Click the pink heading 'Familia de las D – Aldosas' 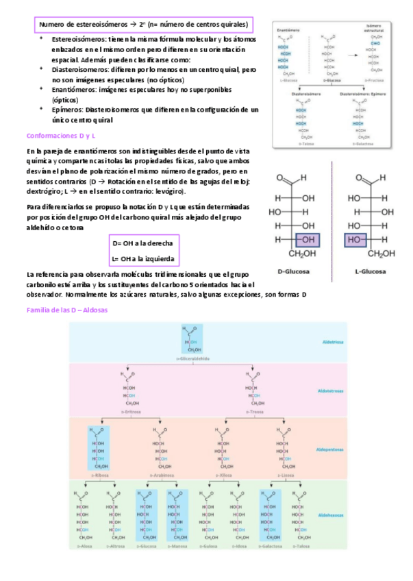66,310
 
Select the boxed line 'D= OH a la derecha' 142,244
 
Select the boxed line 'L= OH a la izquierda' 142,259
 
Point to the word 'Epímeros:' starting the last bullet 67,110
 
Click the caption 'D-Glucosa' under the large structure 294,271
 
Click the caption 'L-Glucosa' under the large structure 370,271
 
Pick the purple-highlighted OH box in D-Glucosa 306,240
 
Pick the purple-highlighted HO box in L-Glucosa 355,240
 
